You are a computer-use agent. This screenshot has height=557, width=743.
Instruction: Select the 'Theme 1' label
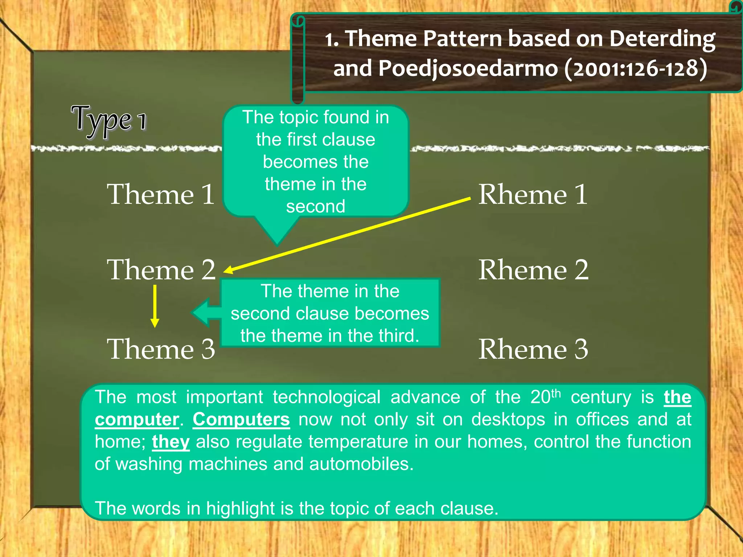pos(161,194)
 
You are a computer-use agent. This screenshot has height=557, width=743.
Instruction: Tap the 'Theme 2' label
pos(161,270)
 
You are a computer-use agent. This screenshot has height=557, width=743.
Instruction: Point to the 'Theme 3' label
pos(161,349)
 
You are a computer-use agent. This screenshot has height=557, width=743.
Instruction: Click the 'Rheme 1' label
pos(533,194)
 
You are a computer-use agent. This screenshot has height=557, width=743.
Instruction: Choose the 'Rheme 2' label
pos(533,270)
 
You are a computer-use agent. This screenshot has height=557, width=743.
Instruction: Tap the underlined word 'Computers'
pos(241,420)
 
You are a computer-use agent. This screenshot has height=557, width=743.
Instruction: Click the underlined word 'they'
pos(171,442)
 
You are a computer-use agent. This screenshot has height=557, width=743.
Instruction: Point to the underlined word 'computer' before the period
pos(137,420)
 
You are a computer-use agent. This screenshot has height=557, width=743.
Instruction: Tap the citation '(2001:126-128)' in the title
pos(635,68)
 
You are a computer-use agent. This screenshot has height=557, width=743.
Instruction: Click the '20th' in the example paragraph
pos(545,397)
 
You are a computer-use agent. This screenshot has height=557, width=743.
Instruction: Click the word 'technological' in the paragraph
pos(327,397)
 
